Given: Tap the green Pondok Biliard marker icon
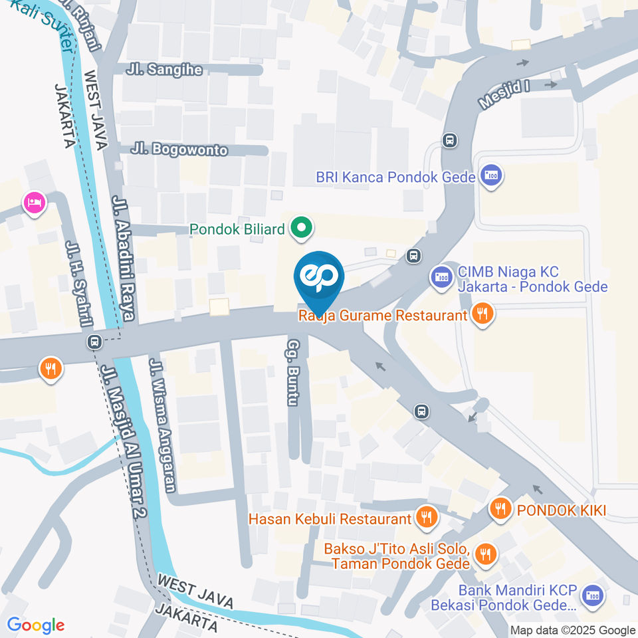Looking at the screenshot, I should (x=302, y=229).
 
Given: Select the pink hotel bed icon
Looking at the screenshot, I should (x=34, y=203).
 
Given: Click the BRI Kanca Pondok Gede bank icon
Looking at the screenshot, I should (x=492, y=176).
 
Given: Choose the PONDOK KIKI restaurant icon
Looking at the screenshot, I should (x=500, y=509).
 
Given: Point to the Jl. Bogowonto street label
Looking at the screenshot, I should (x=179, y=150).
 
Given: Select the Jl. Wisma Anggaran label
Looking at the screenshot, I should (x=163, y=425).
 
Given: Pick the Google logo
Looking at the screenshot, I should (x=35, y=625).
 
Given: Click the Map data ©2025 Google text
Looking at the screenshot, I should (x=573, y=630).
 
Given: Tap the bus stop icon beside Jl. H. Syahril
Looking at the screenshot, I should (x=94, y=342).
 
